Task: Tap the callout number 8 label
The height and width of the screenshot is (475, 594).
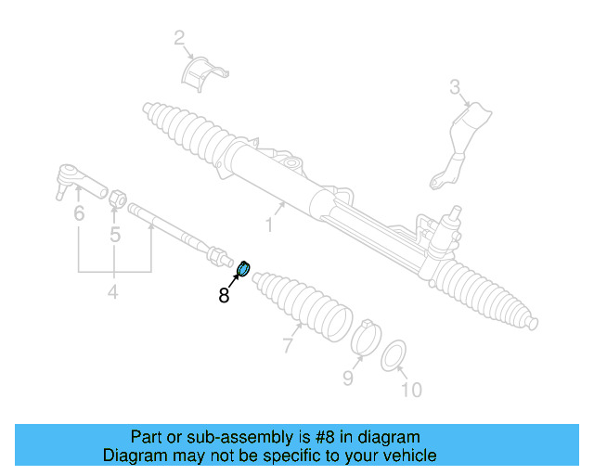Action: coord(224,296)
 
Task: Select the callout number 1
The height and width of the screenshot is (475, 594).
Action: coord(270,225)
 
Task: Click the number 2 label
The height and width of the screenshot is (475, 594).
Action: coord(179,38)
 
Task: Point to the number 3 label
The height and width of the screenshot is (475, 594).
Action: coord(456,88)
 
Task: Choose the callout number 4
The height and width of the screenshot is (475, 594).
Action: coord(112,293)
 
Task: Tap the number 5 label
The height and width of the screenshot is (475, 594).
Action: coord(115,235)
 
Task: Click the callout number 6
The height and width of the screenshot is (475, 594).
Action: coord(79,214)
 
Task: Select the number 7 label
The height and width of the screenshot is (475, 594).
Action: coord(288,346)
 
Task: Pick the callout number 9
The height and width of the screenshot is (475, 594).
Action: coord(348,378)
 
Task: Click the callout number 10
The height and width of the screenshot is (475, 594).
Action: coord(410,390)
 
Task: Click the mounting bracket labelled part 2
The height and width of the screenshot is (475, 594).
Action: coord(205,73)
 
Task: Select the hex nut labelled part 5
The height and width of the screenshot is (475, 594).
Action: coord(118,198)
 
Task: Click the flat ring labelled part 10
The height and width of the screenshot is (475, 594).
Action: coord(394,353)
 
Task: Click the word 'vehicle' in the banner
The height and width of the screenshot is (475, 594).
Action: coord(409,456)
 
